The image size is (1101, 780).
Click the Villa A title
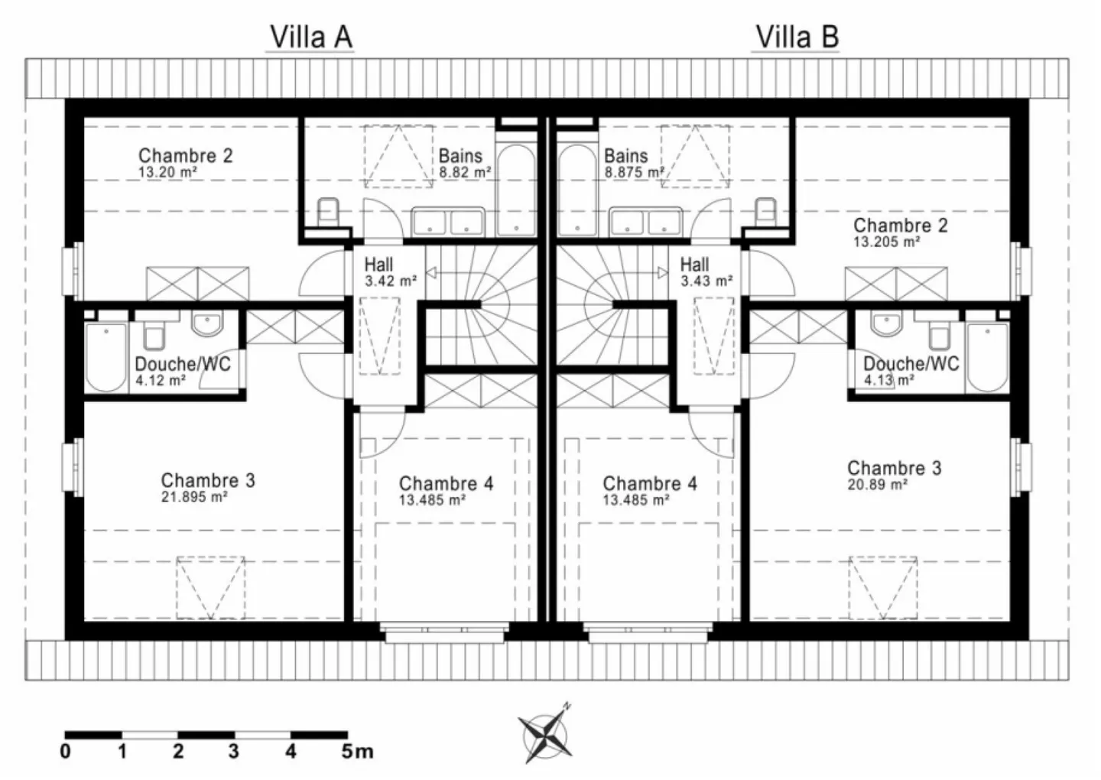(310, 37)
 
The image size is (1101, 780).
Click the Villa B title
(797, 37)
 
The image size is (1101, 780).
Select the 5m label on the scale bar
(356, 752)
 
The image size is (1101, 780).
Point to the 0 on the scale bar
(66, 752)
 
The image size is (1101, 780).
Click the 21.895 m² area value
(193, 497)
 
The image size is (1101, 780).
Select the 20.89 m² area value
(877, 485)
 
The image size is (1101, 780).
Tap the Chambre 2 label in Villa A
(185, 155)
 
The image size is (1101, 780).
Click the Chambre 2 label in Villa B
(900, 226)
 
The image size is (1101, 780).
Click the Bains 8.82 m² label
(463, 164)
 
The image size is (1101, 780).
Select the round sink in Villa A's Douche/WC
(206, 324)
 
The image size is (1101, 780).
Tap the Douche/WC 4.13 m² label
(910, 371)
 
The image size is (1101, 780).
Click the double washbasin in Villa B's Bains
(645, 222)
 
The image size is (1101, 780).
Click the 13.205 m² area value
(886, 242)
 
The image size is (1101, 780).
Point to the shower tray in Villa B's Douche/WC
(988, 356)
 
